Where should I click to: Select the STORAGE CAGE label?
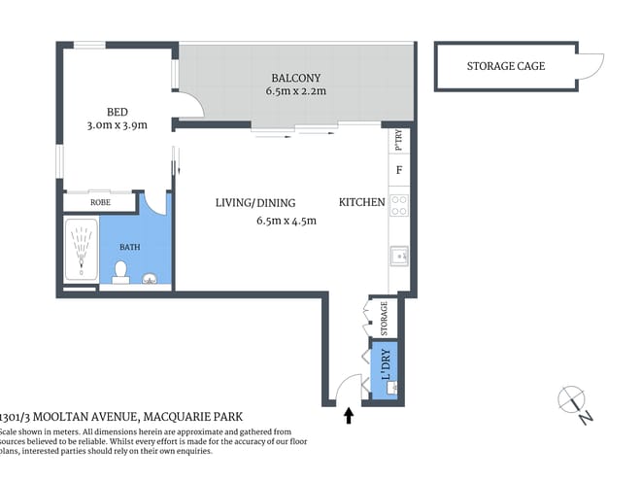click(x=506, y=67)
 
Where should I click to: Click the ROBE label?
click(x=100, y=204)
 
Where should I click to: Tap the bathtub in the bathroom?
click(x=81, y=251)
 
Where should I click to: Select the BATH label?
click(x=129, y=247)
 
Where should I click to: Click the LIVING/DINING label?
click(x=254, y=203)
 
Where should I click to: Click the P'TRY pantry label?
click(x=398, y=141)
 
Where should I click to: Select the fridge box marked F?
click(x=398, y=171)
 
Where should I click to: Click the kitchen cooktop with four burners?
click(x=398, y=206)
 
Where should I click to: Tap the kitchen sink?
click(x=397, y=256)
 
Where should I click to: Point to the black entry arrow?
click(x=349, y=416)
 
